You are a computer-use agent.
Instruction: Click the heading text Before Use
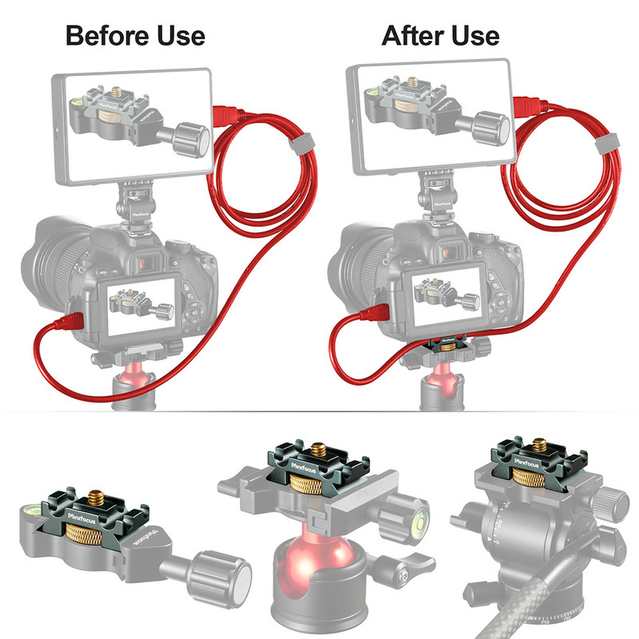135,35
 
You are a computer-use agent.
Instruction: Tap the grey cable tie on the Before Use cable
302,144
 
